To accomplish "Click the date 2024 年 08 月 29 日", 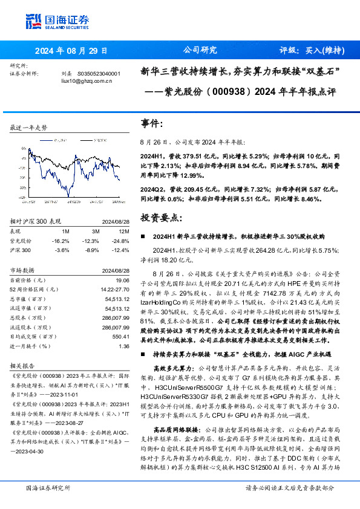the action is point(71,51).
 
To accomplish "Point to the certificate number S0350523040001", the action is point(99,73).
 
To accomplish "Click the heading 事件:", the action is point(151,123).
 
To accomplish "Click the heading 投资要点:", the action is point(160,216).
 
